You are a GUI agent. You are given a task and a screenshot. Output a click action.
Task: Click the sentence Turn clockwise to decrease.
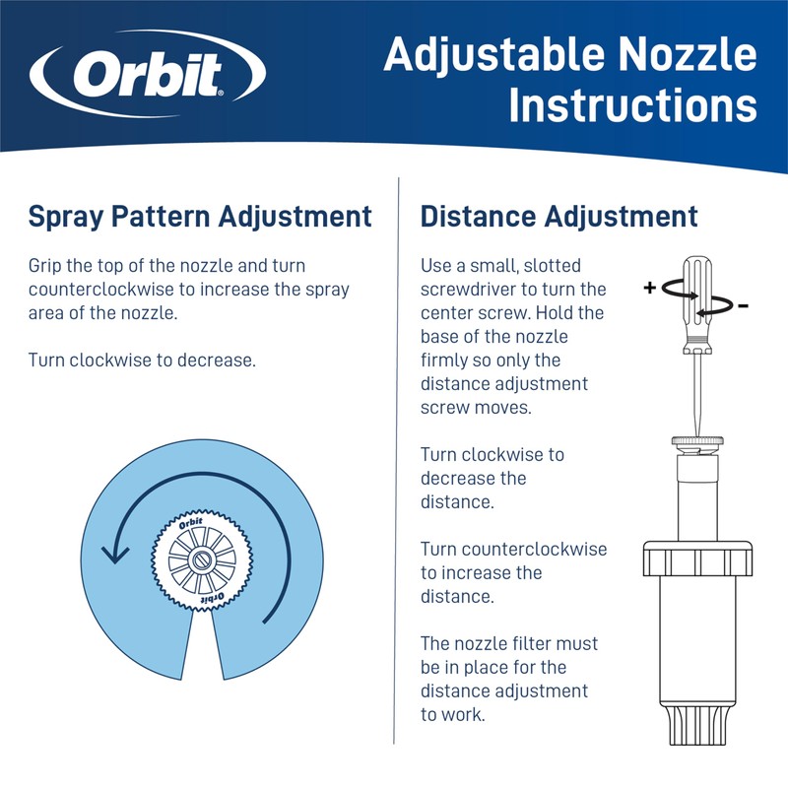142,360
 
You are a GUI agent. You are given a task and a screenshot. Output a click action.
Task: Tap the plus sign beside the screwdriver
649,289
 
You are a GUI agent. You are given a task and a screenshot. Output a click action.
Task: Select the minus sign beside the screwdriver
742,306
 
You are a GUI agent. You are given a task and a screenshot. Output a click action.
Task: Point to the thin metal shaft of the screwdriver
696,394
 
